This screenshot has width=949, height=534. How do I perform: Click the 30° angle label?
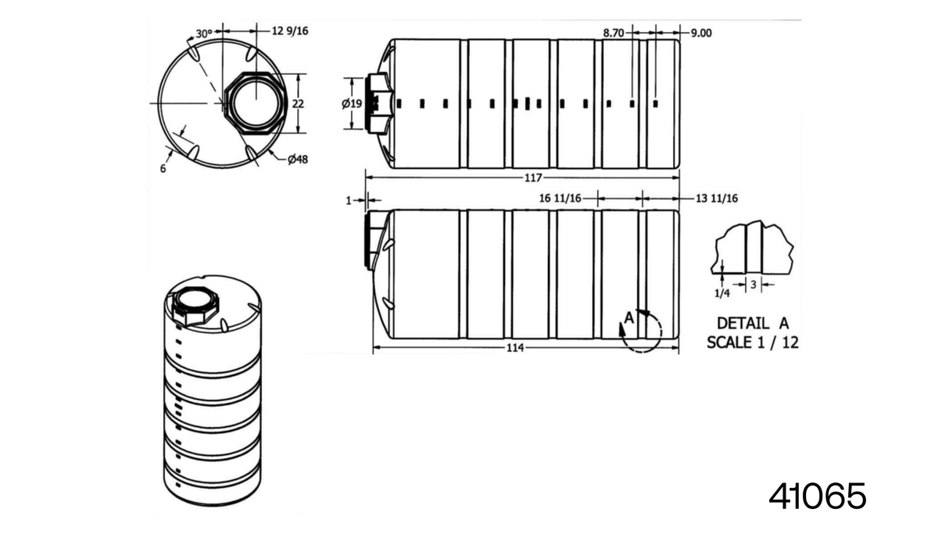203,34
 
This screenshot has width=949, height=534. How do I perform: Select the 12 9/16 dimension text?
290,31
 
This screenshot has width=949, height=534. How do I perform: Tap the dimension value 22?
298,103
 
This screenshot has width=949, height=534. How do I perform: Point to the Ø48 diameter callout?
297,159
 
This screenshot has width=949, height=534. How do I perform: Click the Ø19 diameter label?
352,103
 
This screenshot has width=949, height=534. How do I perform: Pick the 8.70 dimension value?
614,33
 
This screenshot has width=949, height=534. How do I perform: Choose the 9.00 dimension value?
701,33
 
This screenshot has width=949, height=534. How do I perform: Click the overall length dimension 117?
533,177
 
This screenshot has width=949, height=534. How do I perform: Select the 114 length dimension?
515,348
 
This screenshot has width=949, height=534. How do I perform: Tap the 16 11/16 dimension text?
560,199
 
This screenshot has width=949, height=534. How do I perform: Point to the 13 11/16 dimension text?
717,199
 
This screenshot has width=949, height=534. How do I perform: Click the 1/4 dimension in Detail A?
722,293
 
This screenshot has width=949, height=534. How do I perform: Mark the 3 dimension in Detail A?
754,285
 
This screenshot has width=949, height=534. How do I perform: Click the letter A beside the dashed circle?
629,317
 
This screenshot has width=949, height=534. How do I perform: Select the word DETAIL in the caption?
743,324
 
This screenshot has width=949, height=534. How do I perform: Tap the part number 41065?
817,496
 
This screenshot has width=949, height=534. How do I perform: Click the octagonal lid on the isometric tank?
195,305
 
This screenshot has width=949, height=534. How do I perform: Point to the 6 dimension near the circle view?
163,169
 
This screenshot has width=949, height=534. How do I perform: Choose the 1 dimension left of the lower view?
349,200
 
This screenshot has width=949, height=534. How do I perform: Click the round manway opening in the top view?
256,103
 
